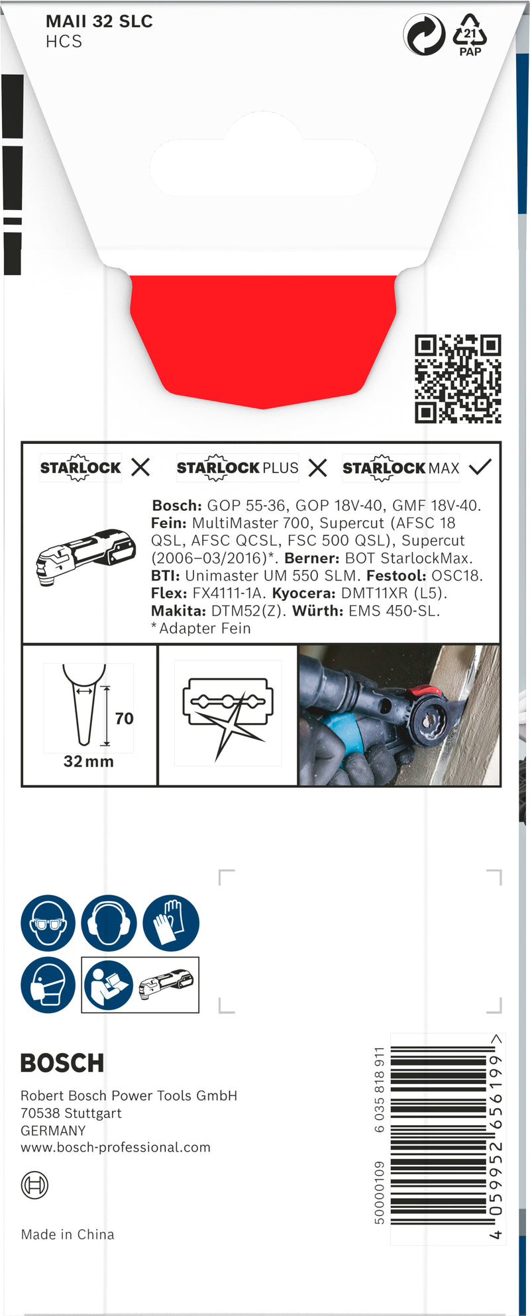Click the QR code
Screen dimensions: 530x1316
point(458,379)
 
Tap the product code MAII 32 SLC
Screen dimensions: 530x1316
point(99,22)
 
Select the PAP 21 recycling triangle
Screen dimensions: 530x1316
point(470,34)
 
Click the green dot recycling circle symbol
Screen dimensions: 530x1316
point(424,35)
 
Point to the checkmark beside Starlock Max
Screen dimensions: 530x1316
point(480,467)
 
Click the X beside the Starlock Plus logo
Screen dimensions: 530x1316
point(318,468)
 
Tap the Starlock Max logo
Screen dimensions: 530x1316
point(401,468)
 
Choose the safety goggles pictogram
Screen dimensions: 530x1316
point(48,923)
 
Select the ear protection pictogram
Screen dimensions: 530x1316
point(109,923)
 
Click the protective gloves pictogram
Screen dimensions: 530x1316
point(171,923)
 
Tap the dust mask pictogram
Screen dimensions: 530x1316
point(48,985)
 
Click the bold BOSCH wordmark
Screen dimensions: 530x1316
point(62,1064)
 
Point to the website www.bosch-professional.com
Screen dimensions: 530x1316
point(115,1148)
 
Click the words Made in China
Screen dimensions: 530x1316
point(68,1234)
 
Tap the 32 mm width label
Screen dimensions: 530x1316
point(89,762)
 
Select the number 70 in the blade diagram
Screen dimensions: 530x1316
point(124,719)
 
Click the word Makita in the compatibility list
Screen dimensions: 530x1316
point(178,611)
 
